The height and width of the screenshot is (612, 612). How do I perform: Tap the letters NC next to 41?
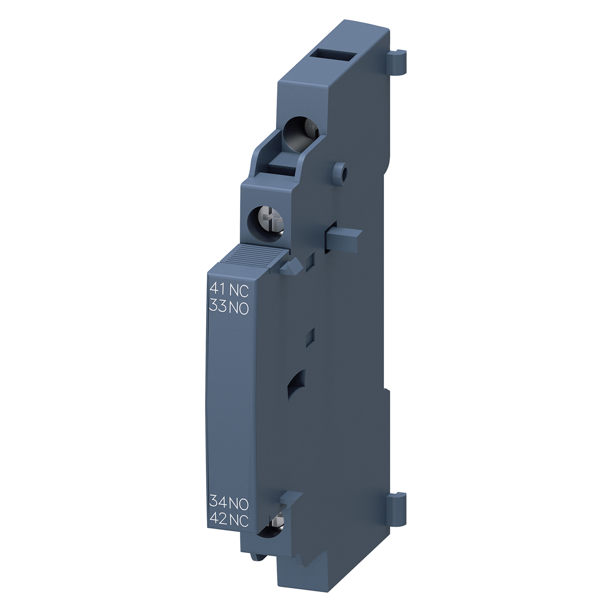(x=238, y=289)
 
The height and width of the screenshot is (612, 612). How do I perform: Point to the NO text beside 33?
(x=239, y=308)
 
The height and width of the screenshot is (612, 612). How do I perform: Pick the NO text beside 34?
(x=239, y=504)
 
